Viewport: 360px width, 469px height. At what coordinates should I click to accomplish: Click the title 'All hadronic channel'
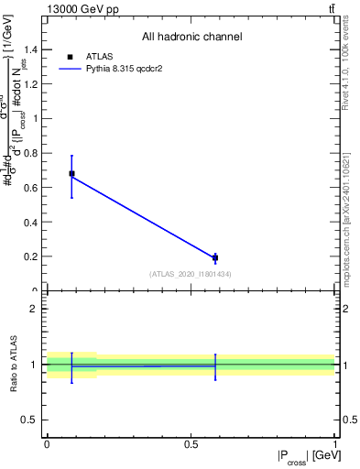coord(191,37)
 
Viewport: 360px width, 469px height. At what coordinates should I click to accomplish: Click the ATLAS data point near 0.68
coord(71,173)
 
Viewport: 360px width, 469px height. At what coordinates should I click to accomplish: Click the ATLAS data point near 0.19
coord(215,258)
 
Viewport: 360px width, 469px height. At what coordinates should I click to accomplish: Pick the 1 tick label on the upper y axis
coord(38,118)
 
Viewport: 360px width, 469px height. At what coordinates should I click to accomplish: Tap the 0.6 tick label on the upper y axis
coord(32,188)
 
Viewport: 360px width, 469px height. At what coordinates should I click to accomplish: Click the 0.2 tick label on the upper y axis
coord(32,256)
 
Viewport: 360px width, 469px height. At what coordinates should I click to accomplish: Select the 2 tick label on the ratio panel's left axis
coord(38,309)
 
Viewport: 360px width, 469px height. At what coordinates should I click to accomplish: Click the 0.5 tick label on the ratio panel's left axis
coord(32,420)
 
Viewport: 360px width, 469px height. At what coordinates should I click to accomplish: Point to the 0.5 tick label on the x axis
coord(191,443)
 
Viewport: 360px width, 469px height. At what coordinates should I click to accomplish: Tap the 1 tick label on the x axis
coord(335,443)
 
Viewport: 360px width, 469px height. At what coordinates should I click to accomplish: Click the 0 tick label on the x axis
coord(47,443)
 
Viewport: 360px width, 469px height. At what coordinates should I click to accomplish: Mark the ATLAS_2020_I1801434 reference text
coord(191,274)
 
